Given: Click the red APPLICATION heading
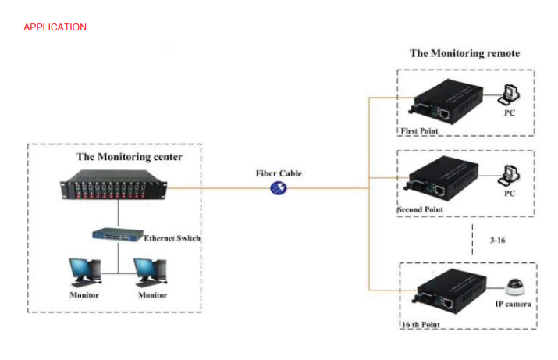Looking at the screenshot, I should (x=55, y=27).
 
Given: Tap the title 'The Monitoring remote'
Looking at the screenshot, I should (x=464, y=53).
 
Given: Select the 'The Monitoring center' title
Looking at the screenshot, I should (x=130, y=157).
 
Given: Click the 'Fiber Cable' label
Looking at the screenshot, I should (x=279, y=173).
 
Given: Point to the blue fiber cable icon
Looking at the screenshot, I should (x=279, y=188).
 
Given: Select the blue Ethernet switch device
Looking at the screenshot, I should (x=115, y=234).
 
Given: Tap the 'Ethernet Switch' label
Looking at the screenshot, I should (x=172, y=238).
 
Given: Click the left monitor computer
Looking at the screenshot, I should (x=85, y=271).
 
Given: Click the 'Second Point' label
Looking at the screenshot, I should (x=420, y=210).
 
